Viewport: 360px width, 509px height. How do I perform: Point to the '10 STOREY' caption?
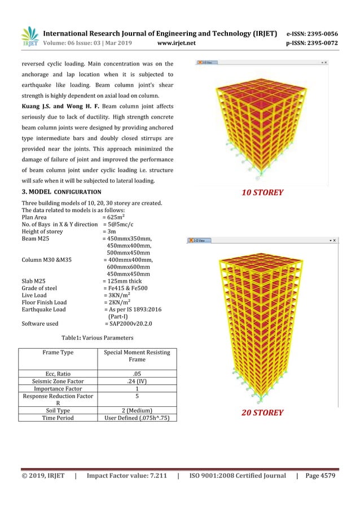click(262, 192)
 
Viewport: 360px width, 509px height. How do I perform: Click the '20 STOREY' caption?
click(262, 413)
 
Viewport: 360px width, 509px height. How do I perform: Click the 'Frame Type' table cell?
click(58, 353)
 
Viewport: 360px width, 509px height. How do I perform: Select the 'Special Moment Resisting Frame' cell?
click(137, 356)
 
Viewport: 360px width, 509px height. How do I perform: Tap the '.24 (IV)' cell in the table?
click(137, 381)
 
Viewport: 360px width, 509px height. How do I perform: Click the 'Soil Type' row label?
click(58, 410)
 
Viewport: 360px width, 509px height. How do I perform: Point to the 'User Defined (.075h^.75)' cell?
click(137, 418)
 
